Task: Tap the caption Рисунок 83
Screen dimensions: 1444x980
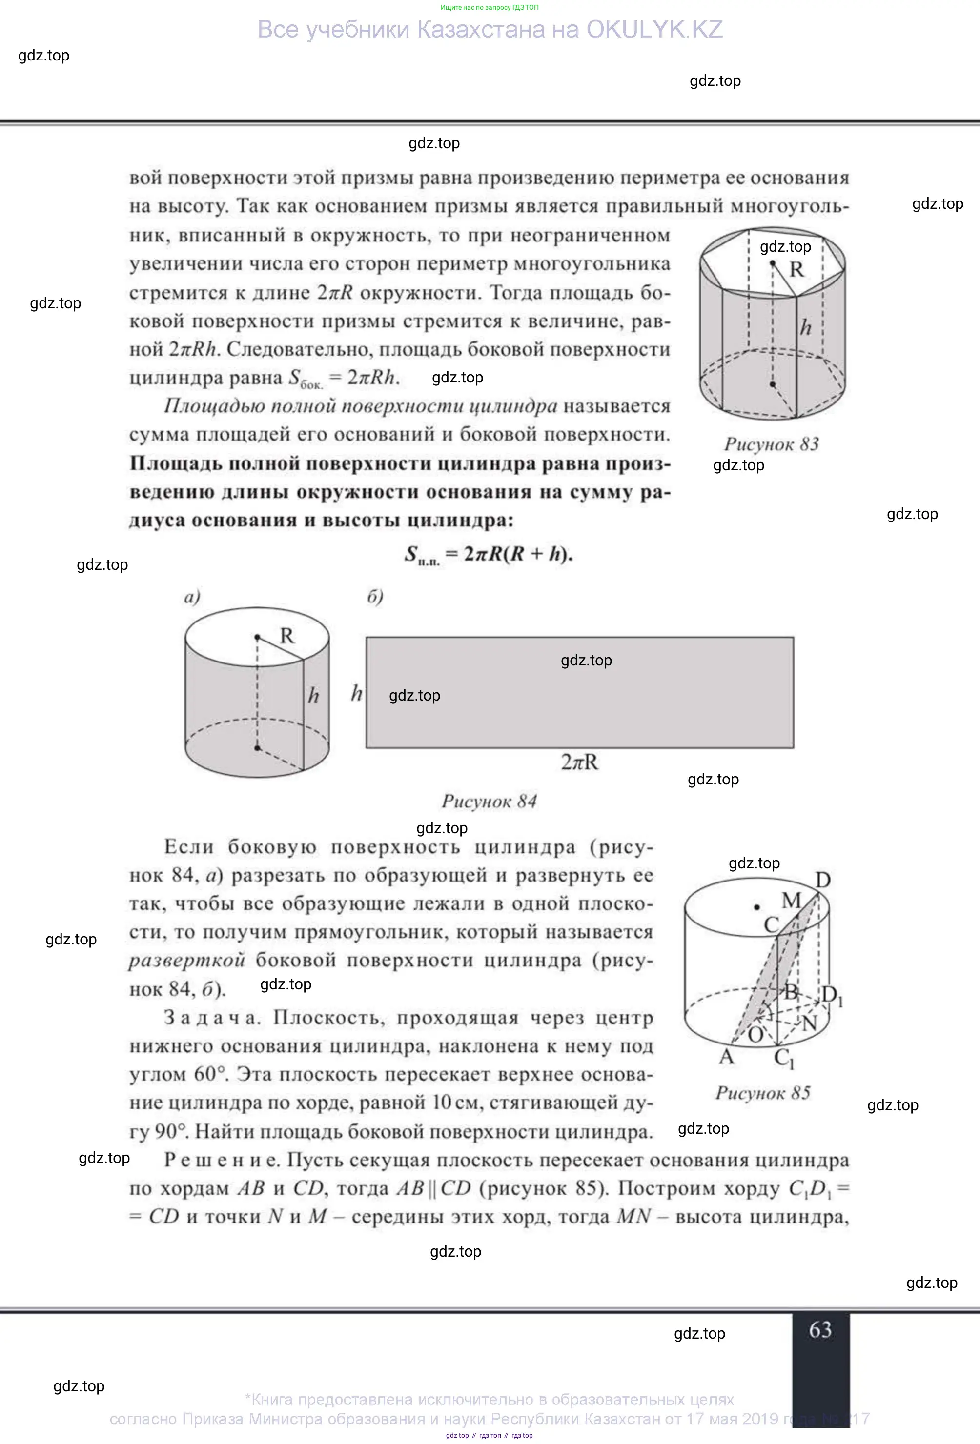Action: click(x=771, y=444)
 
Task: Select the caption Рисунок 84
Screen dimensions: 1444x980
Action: click(x=489, y=801)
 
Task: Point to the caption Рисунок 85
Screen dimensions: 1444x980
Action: click(x=763, y=1093)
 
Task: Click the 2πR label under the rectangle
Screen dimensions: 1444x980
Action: click(x=580, y=762)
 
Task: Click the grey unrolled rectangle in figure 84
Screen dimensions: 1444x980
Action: click(x=579, y=715)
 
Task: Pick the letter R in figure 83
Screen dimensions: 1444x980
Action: click(x=796, y=270)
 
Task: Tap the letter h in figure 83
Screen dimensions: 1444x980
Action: click(x=805, y=327)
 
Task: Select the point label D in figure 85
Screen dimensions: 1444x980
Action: click(x=823, y=880)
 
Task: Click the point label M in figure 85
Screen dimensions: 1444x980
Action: click(x=791, y=901)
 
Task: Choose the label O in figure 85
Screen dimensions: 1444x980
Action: click(x=755, y=1035)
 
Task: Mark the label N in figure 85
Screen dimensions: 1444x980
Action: click(x=809, y=1023)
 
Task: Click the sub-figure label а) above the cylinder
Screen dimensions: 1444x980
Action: click(x=192, y=597)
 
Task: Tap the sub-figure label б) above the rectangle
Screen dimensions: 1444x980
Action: click(x=375, y=597)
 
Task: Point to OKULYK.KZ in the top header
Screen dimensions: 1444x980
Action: click(x=654, y=30)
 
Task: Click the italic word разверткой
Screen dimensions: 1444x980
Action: click(x=187, y=961)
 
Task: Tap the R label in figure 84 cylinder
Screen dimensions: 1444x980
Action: click(x=286, y=636)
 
